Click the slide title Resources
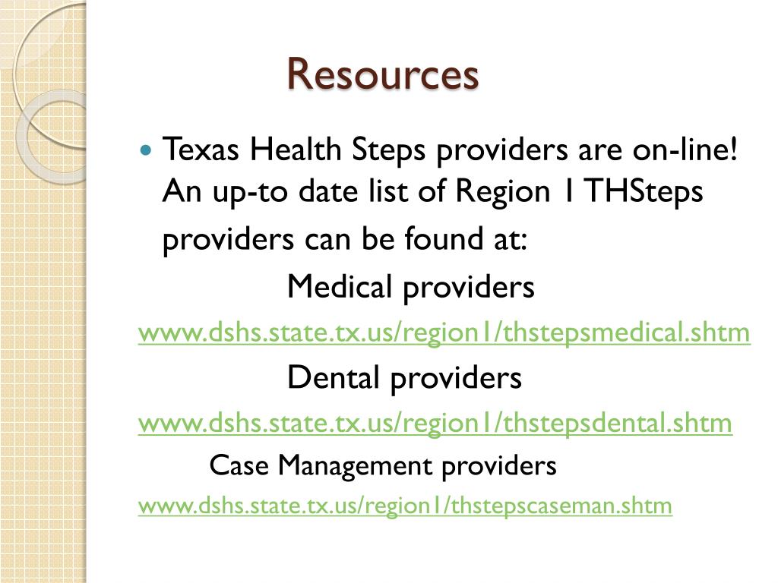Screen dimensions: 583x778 click(x=383, y=74)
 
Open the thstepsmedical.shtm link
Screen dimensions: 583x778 click(x=444, y=332)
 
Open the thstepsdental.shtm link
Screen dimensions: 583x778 click(x=435, y=423)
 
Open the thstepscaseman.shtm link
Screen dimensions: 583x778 click(x=405, y=506)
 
